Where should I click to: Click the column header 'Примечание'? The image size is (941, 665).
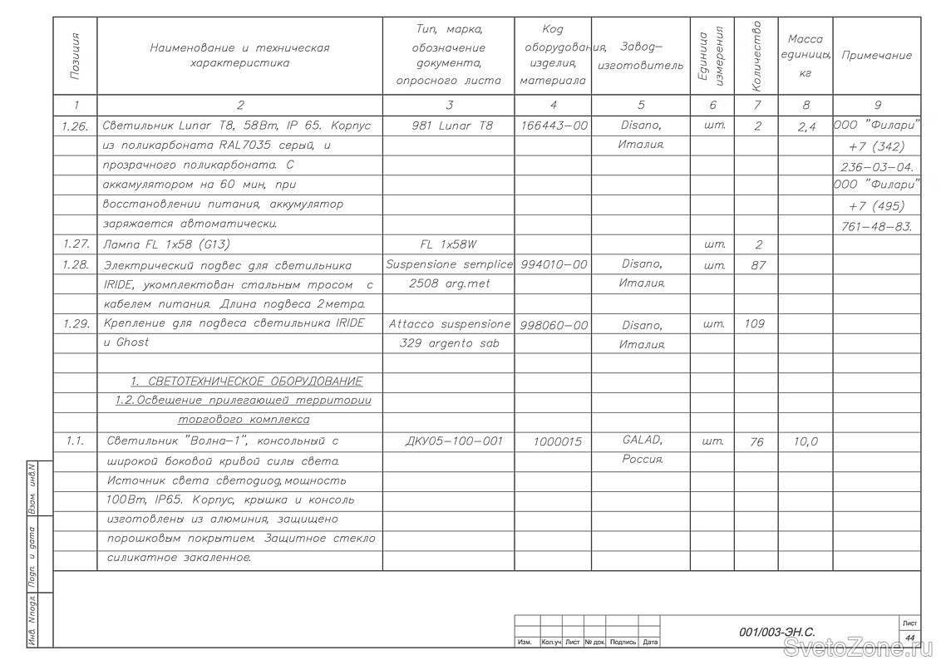[x=876, y=56]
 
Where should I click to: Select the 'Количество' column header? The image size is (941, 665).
[x=756, y=56]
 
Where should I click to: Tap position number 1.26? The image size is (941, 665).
[x=76, y=126]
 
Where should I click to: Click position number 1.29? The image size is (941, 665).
[x=76, y=323]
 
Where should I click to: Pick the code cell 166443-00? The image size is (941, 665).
[x=553, y=126]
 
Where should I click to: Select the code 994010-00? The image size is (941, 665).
[x=553, y=264]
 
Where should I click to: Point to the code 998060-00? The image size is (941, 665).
[x=553, y=325]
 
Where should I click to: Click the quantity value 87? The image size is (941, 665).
[x=756, y=265]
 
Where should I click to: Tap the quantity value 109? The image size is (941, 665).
[x=754, y=323]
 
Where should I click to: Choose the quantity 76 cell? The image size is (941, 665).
[x=756, y=442]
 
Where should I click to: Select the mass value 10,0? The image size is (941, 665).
[x=805, y=441]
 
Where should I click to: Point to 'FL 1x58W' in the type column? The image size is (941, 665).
[x=450, y=244]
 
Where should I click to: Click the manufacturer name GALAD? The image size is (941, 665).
[x=641, y=441]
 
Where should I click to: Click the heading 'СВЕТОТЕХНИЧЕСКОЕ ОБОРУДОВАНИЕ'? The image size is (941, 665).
[x=247, y=382]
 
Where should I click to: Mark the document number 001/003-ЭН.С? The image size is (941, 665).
[x=776, y=633]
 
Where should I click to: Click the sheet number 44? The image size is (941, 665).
[x=909, y=638]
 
